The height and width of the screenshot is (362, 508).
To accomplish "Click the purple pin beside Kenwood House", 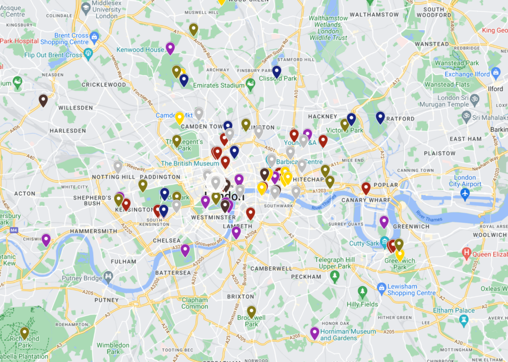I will click(170, 48).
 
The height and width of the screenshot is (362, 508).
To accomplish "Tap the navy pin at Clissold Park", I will click(277, 72).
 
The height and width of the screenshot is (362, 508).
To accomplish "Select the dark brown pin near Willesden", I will click(43, 100).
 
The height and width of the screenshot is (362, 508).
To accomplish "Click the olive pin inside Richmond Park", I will click(24, 332).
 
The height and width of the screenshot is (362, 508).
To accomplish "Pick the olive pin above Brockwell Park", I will click(252, 311).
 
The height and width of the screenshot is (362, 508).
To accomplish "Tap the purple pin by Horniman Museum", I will click(315, 333).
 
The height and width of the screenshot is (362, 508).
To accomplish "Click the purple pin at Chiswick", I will click(46, 239).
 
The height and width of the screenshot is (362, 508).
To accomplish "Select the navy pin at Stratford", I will click(380, 117).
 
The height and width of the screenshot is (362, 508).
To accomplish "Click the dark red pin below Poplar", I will click(366, 188).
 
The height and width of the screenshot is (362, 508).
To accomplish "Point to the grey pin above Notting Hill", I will click(118, 166).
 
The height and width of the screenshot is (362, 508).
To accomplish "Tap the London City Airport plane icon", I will click(465, 193).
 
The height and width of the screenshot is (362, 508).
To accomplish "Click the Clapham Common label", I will click(194, 303).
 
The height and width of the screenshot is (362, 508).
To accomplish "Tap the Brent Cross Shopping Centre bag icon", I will click(95, 36).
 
